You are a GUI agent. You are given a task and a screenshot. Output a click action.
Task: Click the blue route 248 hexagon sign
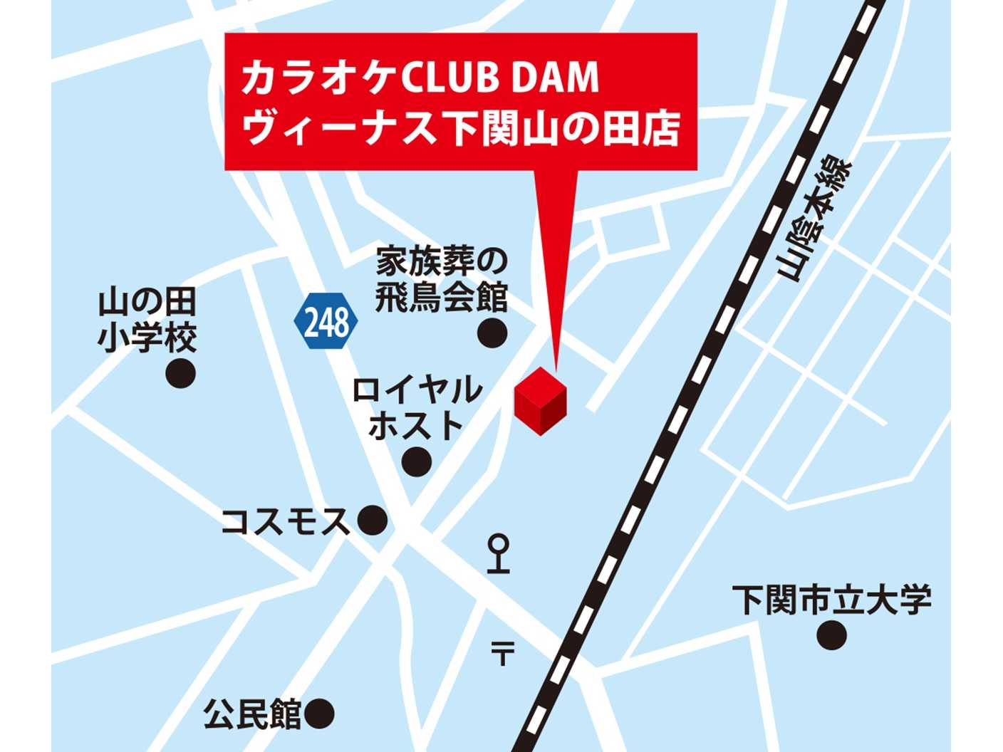click(326, 322)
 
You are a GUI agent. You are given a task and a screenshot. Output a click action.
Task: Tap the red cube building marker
click(541, 401)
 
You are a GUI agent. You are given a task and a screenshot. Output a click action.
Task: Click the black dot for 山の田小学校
click(180, 373)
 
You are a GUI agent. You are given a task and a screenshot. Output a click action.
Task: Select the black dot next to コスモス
click(372, 521)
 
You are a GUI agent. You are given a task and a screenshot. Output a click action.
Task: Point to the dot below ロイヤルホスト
click(417, 461)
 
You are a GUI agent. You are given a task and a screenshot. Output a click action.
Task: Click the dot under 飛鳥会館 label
click(492, 333)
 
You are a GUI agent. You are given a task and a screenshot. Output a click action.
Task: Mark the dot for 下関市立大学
click(831, 634)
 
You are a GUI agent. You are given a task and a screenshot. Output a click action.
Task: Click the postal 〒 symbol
click(502, 652)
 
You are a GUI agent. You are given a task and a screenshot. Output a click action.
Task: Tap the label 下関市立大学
click(831, 600)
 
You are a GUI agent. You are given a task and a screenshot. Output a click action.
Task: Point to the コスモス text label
click(285, 521)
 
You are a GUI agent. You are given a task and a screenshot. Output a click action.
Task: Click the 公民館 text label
click(253, 714)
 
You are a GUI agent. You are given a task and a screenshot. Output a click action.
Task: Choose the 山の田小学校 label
click(147, 321)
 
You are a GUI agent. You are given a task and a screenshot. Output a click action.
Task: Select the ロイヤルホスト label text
click(417, 408)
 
